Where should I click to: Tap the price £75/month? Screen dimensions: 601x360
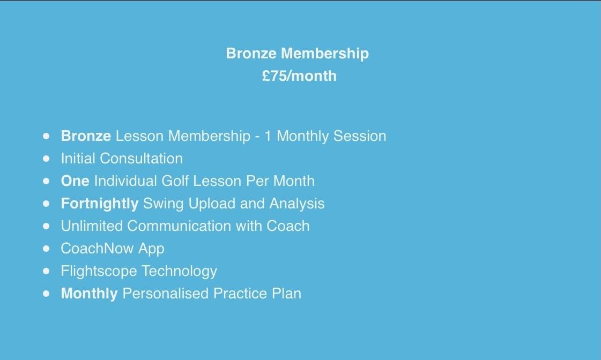pos(299,76)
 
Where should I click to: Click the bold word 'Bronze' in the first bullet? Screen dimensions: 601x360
pos(86,136)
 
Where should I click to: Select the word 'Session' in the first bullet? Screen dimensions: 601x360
pos(360,136)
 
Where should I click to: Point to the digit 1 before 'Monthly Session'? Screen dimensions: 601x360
pos(268,136)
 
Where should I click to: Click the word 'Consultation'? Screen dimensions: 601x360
pos(141,159)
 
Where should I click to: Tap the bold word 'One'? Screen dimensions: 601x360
pos(75,181)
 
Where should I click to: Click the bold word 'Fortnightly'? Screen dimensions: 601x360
pos(100,204)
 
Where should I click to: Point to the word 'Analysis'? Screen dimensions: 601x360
pos(297,204)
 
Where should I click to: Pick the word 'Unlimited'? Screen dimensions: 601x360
pos(92,226)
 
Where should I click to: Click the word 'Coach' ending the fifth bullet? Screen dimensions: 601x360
pos(288,226)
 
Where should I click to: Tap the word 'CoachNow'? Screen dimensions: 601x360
pos(98,249)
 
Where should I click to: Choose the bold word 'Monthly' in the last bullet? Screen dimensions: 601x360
pos(90,294)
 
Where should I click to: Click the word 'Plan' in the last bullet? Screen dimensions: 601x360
pos(286,294)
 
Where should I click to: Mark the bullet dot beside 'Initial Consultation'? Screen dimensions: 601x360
pos(47,159)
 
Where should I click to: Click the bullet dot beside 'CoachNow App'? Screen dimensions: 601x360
pos(47,249)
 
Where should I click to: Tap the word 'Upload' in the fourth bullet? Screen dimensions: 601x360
pos(212,204)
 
